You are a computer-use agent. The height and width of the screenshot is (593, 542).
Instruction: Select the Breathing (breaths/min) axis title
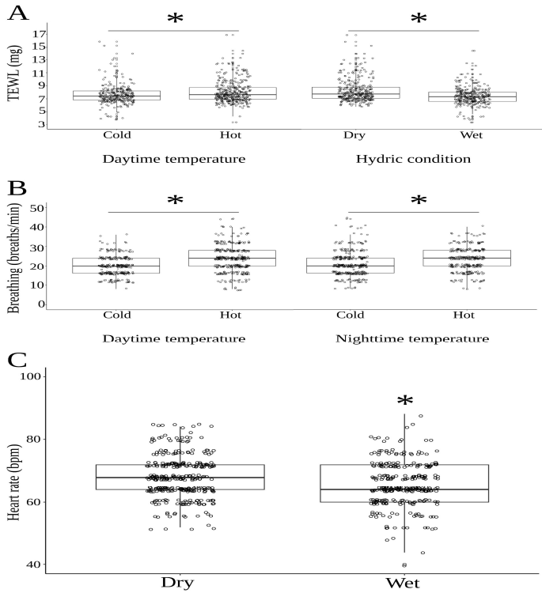[14, 255]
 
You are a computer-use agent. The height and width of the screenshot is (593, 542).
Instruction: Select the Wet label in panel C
[404, 583]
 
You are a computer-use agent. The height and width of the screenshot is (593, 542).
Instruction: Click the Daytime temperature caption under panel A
[173, 159]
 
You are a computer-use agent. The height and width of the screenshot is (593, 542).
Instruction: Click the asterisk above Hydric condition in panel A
[419, 19]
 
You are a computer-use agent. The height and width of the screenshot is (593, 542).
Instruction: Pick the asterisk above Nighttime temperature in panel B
[419, 201]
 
